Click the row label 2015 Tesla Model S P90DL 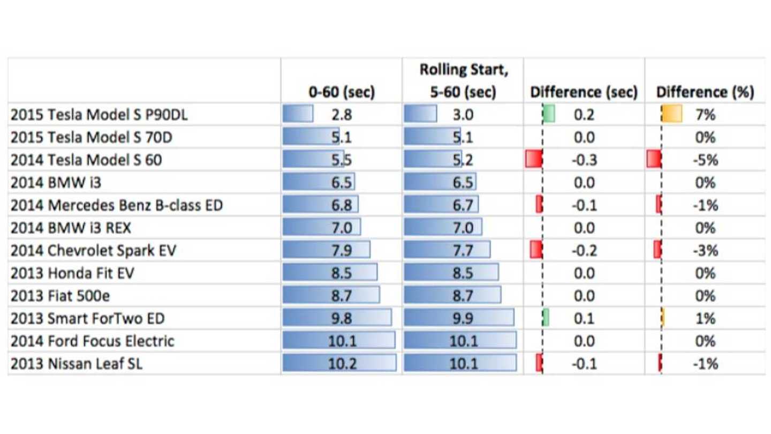click(99, 115)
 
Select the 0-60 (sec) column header click(342, 92)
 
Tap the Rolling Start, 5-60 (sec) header click(463, 80)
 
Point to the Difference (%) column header click(705, 92)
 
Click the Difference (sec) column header click(584, 92)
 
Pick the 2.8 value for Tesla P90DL click(342, 115)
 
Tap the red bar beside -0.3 click(534, 160)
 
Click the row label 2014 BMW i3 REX click(71, 228)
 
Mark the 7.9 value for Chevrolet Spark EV click(342, 251)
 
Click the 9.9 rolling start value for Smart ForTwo click(463, 318)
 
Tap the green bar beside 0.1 click(546, 318)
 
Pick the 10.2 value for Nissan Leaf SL click(342, 364)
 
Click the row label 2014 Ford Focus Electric click(92, 341)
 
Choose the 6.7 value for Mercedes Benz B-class click(463, 205)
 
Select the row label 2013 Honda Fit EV click(72, 273)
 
